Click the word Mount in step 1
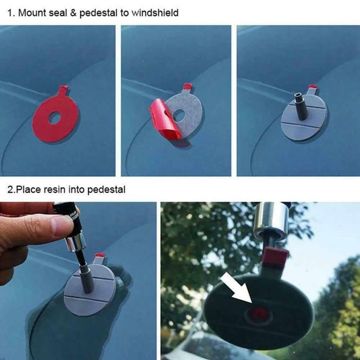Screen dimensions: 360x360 [x=32, y=13]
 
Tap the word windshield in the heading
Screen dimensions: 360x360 [x=155, y=13]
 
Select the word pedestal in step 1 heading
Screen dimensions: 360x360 [x=99, y=13]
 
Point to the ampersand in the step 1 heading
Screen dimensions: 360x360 [x=73, y=13]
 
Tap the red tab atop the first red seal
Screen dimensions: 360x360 [x=64, y=89]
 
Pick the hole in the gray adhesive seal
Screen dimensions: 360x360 [x=179, y=115]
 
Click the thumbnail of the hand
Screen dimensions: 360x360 [x=61, y=225]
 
